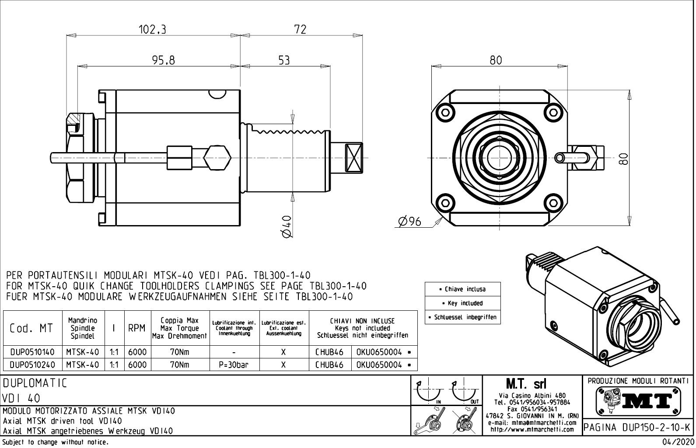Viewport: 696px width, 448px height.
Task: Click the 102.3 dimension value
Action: pos(152,30)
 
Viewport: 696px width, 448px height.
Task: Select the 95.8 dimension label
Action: pos(163,60)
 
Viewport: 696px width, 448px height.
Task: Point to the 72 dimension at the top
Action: pos(300,30)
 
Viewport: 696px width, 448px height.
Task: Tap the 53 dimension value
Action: pos(284,60)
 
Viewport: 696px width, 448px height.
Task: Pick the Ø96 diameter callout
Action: pos(409,222)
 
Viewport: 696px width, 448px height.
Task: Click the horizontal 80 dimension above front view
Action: pos(496,60)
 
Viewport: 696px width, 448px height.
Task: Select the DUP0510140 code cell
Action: pos(32,352)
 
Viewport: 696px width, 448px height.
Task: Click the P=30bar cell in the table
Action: pos(234,365)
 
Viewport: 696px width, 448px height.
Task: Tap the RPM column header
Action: pos(136,328)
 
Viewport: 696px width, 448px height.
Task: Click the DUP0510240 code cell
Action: pos(32,365)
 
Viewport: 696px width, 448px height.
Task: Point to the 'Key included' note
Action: pos(462,303)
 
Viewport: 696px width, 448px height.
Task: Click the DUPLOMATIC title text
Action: pos(35,383)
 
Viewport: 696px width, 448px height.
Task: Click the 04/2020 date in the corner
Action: pos(678,442)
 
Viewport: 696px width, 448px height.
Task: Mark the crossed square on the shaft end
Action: pos(353,158)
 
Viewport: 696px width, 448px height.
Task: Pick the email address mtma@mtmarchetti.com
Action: pos(532,423)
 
